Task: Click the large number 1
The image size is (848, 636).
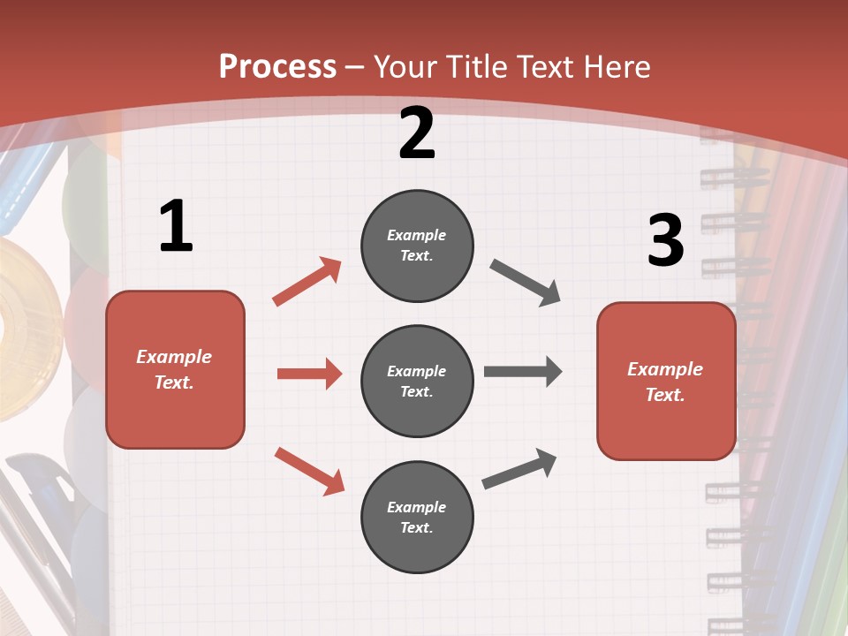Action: coord(176,227)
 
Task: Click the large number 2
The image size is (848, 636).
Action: coord(417,133)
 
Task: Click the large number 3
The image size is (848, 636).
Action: coord(665,241)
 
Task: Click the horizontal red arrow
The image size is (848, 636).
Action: coord(309,374)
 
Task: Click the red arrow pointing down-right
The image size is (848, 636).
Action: coord(309,471)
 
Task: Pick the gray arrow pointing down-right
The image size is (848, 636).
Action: coord(526,283)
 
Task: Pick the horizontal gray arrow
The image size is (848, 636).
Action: coord(523,372)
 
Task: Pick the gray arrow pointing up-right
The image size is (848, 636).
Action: coord(519,468)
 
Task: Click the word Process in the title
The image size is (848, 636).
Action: coord(277,67)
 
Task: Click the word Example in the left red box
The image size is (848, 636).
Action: coord(174,357)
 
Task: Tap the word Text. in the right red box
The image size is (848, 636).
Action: coord(665,395)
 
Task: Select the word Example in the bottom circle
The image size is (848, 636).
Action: coord(417,507)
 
